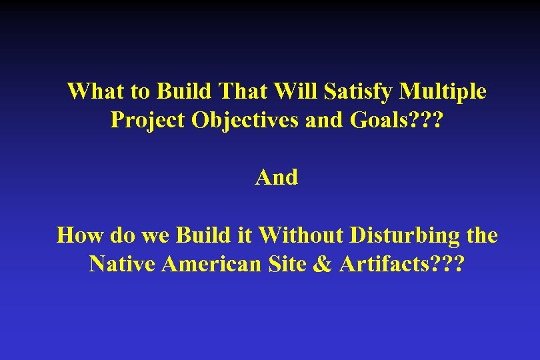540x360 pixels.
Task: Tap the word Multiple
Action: (443, 91)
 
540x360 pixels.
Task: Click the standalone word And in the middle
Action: (277, 177)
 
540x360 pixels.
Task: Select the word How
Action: (76, 235)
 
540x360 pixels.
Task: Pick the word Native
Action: (123, 265)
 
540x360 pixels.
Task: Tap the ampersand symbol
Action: (323, 265)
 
